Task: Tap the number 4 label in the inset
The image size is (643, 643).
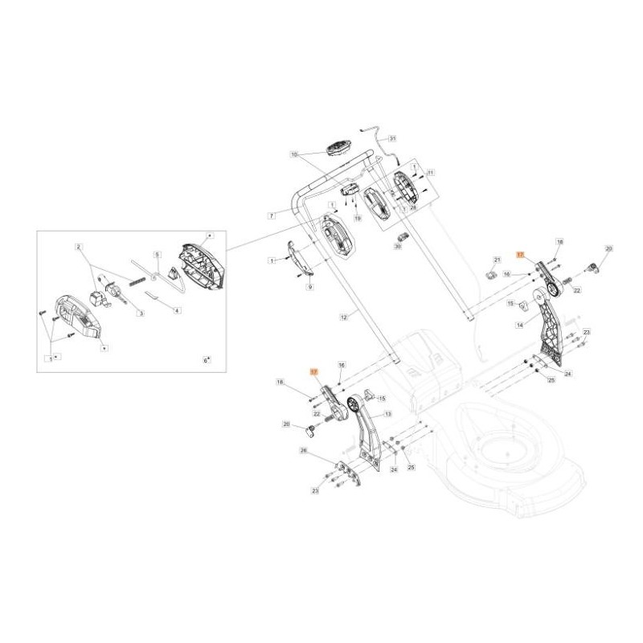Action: pos(178,310)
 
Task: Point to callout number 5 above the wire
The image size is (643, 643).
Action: pos(158,253)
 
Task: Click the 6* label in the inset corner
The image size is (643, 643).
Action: pos(206,361)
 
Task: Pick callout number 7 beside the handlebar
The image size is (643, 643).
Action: pos(272,215)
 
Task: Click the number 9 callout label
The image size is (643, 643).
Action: pos(310,287)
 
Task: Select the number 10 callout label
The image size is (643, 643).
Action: pos(294,154)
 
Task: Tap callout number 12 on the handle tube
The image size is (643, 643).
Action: pos(343,317)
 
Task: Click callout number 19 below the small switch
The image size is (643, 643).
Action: pos(358,219)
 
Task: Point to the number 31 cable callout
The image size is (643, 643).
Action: pos(392,138)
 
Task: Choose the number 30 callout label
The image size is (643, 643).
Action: pos(397,248)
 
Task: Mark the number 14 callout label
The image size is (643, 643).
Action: pos(520,326)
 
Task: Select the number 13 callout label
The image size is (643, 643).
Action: pos(388,414)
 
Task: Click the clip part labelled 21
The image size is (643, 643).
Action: pos(489,276)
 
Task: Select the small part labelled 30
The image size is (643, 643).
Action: pos(403,235)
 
